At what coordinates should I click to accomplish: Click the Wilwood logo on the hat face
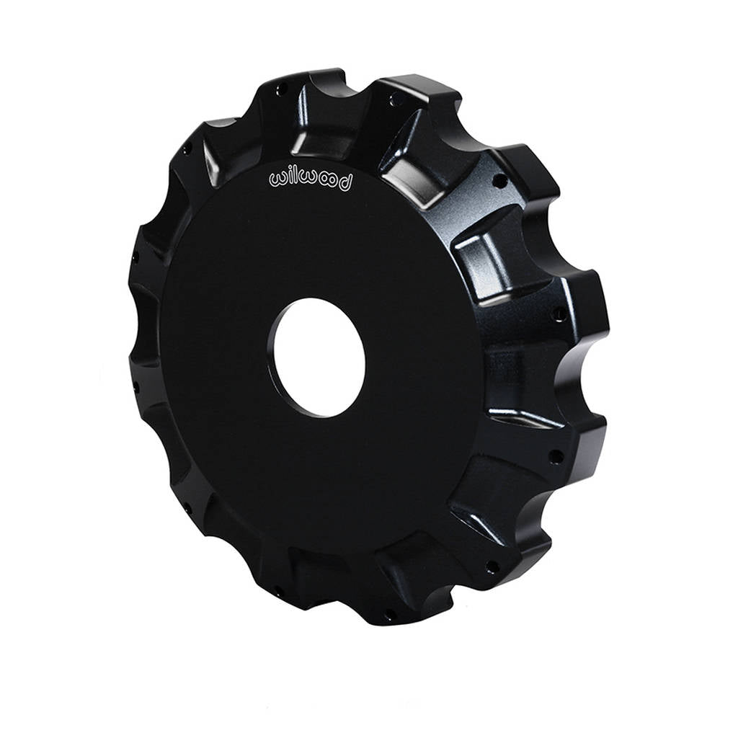311,181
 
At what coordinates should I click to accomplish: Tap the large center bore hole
319,357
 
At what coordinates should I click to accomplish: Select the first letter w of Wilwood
277,179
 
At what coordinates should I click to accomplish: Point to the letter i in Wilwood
288,178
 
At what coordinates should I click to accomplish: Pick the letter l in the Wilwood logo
295,177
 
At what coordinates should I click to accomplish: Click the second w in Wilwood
308,180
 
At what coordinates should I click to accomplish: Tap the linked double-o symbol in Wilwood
329,182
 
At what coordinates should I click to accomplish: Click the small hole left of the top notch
283,89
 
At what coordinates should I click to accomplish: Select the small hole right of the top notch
394,99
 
